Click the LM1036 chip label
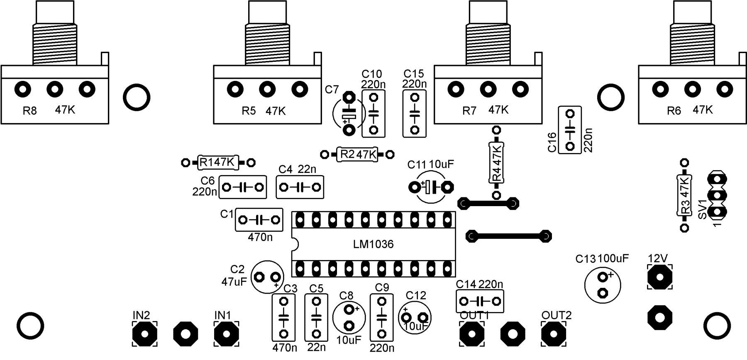[x=373, y=244]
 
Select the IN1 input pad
[x=226, y=333]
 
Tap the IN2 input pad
[x=145, y=333]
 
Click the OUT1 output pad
[x=472, y=333]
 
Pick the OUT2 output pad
[x=554, y=333]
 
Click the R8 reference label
[x=29, y=111]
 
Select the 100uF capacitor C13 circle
[x=603, y=285]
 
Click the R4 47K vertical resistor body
[x=496, y=162]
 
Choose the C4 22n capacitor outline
[x=300, y=187]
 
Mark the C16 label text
[x=552, y=142]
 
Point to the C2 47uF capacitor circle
[x=268, y=276]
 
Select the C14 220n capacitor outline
[x=480, y=301]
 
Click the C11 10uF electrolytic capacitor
[x=431, y=187]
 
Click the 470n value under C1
[x=260, y=238]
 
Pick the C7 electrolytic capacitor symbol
[x=349, y=114]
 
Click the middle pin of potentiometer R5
[x=267, y=89]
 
